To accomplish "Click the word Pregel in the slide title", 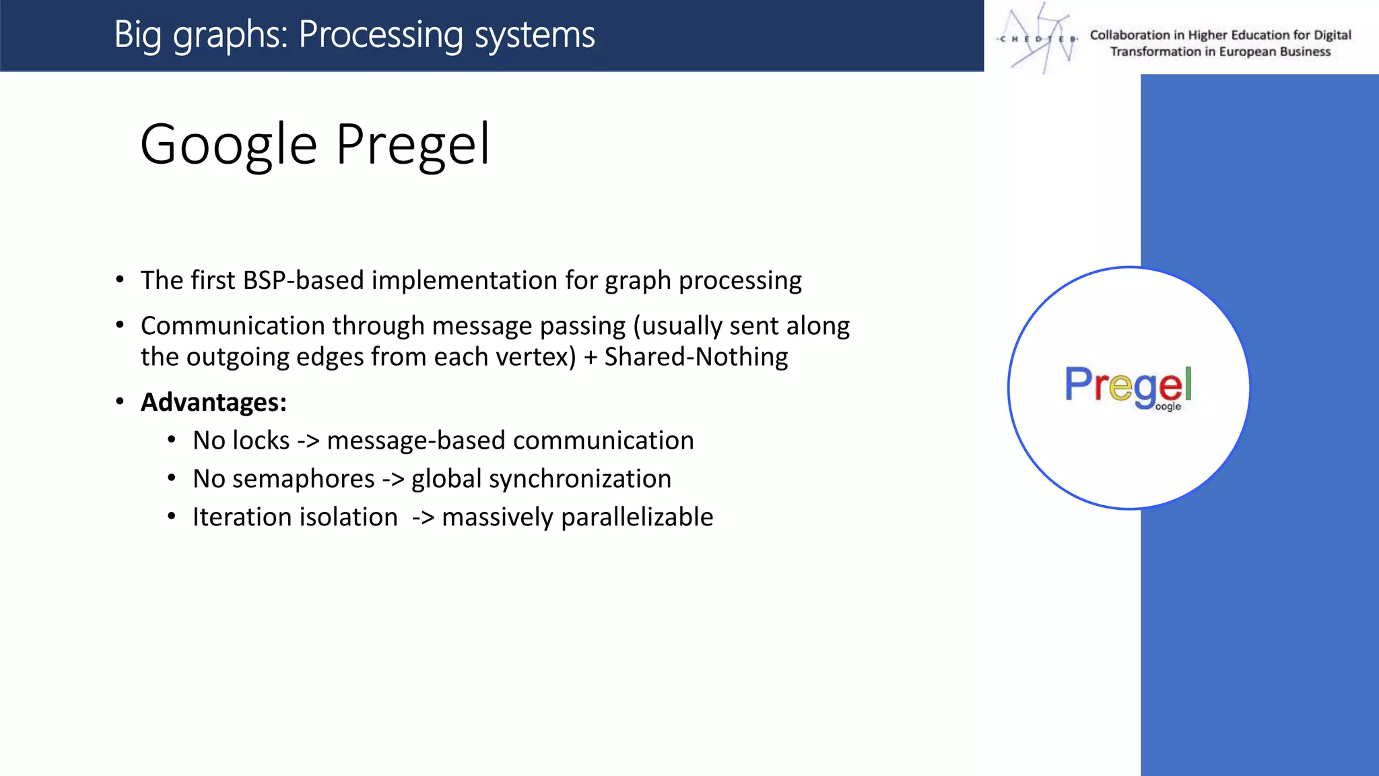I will tap(413, 145).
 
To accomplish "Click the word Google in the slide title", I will tap(228, 145).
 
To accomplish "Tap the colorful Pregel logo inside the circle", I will tap(1128, 385).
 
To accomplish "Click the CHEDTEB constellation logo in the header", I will tap(1038, 38).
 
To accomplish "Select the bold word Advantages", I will tap(213, 402).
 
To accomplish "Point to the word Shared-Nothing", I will tap(696, 357).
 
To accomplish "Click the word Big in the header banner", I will tap(138, 34).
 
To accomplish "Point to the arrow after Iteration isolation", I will tap(423, 517).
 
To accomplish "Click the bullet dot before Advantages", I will tap(120, 402).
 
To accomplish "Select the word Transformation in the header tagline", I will tap(1155, 52).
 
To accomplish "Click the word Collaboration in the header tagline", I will tap(1130, 35).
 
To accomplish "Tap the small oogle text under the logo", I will tap(1168, 407).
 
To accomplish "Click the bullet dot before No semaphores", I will tap(172, 479).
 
